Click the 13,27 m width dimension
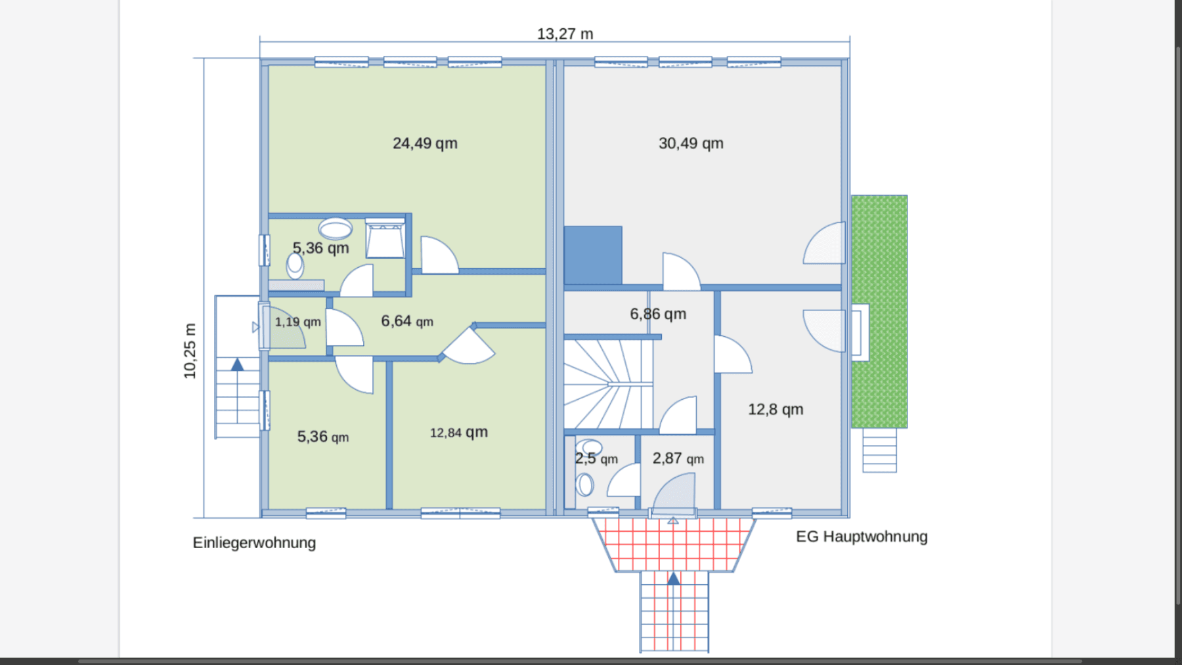point(565,33)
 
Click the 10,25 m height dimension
point(190,351)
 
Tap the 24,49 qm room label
point(425,143)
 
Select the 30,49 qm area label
point(691,143)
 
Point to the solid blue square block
point(593,255)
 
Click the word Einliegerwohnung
point(254,543)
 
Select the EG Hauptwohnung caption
point(862,536)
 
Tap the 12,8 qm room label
point(776,410)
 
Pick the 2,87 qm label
point(678,458)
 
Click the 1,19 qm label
point(297,322)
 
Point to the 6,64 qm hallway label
point(407,321)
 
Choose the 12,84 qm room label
point(458,432)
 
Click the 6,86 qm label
point(658,314)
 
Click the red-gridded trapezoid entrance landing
point(674,544)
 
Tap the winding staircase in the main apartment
point(607,384)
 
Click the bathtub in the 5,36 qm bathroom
point(385,239)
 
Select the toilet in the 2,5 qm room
point(584,485)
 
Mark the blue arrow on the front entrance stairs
point(674,578)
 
